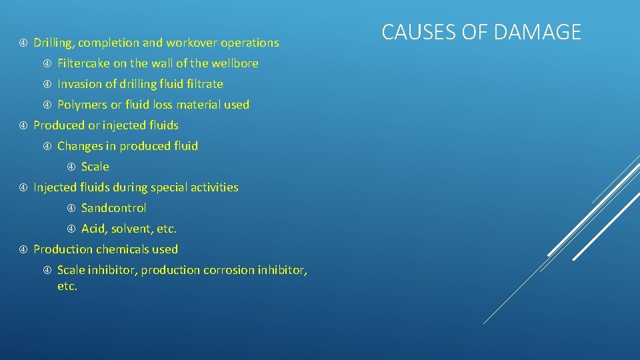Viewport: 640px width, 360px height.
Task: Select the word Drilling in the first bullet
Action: click(53, 43)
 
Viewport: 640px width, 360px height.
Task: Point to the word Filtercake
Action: click(83, 63)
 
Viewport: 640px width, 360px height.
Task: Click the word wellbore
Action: click(233, 63)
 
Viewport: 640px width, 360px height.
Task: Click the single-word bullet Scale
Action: click(95, 167)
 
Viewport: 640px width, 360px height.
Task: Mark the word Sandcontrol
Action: click(113, 208)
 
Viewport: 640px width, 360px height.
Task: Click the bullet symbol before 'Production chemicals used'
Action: click(23, 249)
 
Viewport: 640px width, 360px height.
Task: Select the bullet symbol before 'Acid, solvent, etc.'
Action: click(71, 229)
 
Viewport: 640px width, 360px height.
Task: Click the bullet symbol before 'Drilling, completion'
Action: click(23, 43)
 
